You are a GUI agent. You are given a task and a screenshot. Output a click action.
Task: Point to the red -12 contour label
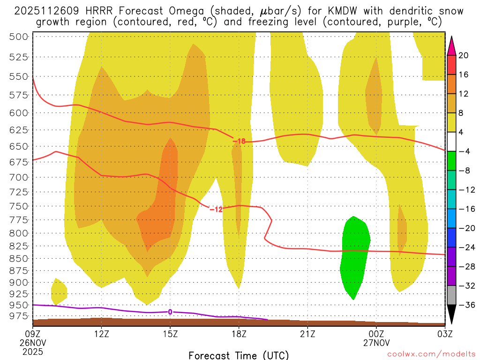[216, 209]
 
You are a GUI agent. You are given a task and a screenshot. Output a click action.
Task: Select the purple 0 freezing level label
[170, 312]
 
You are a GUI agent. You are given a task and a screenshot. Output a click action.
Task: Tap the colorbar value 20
[464, 55]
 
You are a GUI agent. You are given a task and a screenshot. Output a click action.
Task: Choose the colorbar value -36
[464, 305]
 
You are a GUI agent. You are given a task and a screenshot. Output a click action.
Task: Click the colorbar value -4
[464, 151]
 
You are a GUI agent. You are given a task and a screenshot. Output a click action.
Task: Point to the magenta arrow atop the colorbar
[451, 46]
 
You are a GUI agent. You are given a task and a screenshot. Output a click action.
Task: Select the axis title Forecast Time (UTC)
[239, 355]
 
